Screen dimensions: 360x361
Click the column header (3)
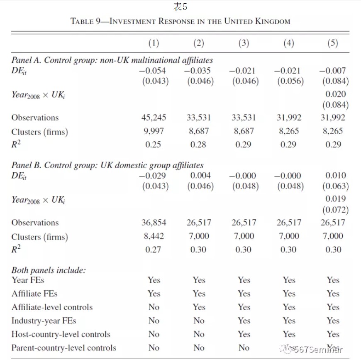tap(244, 43)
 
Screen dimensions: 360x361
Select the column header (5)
tap(333, 43)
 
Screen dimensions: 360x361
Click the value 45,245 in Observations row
tap(154, 118)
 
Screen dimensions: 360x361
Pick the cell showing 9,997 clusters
tap(154, 131)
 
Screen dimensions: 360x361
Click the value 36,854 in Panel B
tap(154, 223)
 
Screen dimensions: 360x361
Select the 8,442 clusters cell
tap(154, 236)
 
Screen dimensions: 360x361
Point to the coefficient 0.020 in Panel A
tap(336, 94)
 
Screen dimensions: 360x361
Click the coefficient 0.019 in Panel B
tap(336, 199)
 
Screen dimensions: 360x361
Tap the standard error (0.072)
tap(335, 210)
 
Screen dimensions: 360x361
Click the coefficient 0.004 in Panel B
tap(200, 176)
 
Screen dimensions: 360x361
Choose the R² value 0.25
tap(154, 145)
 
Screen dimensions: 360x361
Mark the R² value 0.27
tap(154, 250)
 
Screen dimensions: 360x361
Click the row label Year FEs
tap(28, 280)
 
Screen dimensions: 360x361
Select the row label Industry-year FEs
tap(44, 321)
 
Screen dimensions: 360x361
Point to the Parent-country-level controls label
tap(63, 348)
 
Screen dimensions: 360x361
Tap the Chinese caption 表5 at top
tap(180, 7)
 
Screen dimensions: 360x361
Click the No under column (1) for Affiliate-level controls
tap(154, 307)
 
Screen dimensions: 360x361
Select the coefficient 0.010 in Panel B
tap(336, 176)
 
